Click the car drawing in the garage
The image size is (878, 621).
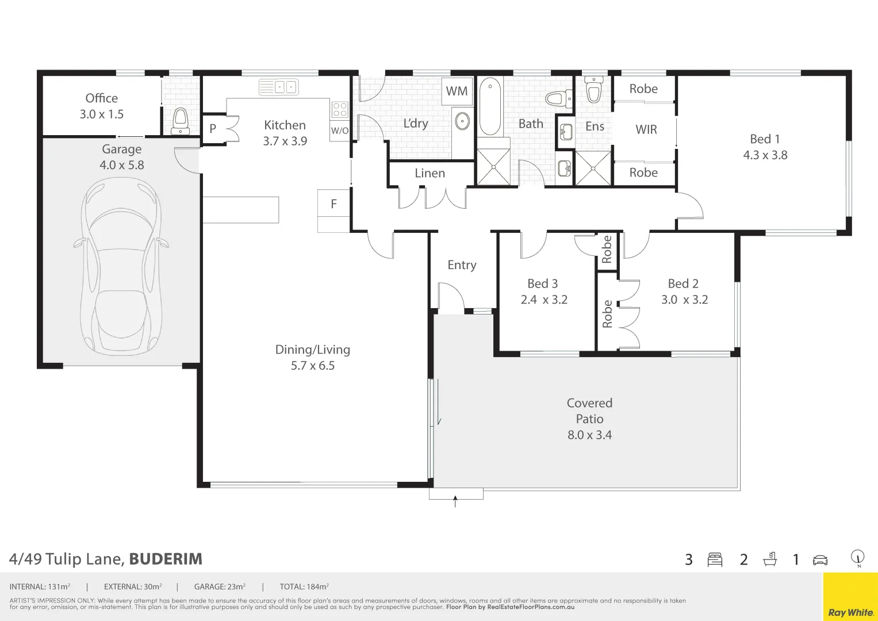coord(121,266)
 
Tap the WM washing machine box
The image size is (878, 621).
coord(457,91)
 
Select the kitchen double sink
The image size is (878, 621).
coord(278,87)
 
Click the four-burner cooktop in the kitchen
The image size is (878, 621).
coord(339,109)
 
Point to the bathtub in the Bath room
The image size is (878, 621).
coord(490,106)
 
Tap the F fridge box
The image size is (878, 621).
coord(333,204)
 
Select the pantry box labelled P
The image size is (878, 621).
coord(213,129)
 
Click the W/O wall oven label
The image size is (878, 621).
coord(339,131)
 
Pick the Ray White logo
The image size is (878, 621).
coord(850,612)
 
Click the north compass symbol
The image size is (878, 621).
coord(858,557)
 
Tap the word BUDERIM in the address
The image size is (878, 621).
coord(166,559)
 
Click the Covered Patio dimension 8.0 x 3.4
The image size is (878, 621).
coord(589,435)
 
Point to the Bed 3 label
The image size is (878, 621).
coord(542,283)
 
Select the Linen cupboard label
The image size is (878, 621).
coord(430,173)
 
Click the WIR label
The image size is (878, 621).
coord(646,130)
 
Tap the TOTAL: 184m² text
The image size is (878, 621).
coord(304,587)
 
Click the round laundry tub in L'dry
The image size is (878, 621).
coord(462,121)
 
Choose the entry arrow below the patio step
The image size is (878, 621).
coord(455,501)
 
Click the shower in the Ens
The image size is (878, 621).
coord(593,168)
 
